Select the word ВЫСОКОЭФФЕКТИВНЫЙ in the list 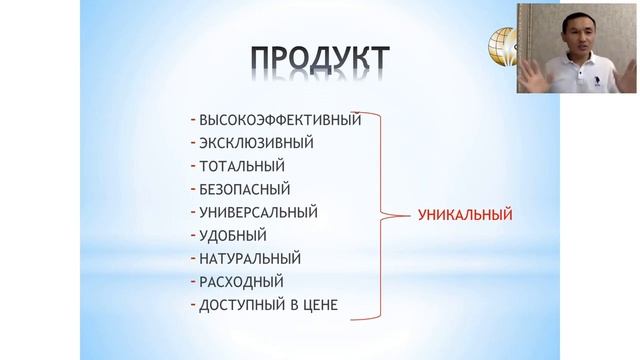tap(280, 120)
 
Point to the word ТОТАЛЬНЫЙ tap(242, 166)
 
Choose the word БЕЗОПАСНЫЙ tap(248, 189)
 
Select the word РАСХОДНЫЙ tap(241, 281)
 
